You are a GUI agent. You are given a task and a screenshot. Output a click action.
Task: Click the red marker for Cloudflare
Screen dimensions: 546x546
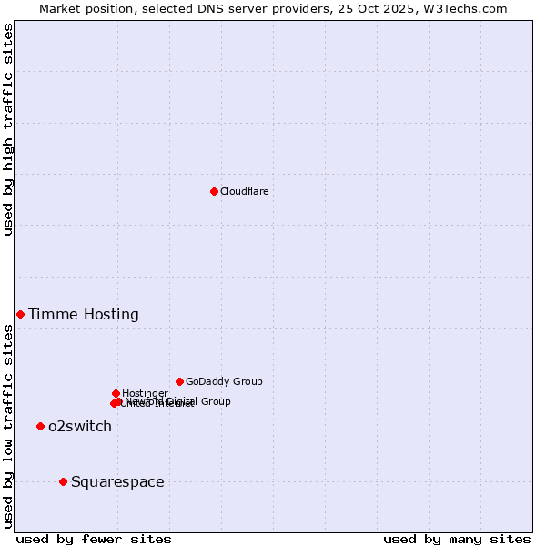click(x=214, y=191)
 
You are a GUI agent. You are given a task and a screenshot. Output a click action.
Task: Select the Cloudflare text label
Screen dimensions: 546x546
click(x=244, y=191)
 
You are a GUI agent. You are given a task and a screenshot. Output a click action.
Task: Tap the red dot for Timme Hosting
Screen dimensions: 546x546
click(x=20, y=314)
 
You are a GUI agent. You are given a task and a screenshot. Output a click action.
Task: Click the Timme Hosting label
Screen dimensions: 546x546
click(x=84, y=315)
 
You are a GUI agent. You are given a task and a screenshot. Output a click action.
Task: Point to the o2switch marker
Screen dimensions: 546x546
click(x=40, y=426)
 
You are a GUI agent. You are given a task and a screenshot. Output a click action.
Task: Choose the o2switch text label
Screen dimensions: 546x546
click(x=80, y=427)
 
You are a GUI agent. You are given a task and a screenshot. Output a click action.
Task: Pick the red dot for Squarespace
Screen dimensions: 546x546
click(x=63, y=481)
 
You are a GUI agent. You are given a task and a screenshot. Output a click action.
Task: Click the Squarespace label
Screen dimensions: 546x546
click(x=117, y=482)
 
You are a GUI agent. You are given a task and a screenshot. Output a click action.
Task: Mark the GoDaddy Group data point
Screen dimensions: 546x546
click(x=179, y=381)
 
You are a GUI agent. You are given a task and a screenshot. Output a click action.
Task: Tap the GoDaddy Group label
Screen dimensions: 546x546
click(x=224, y=382)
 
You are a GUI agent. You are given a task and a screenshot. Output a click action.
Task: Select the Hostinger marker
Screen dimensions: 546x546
click(x=116, y=393)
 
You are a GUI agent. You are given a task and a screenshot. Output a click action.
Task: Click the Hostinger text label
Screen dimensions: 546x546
click(x=145, y=393)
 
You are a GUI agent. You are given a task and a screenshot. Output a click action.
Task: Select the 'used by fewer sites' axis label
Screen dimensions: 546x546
click(x=94, y=540)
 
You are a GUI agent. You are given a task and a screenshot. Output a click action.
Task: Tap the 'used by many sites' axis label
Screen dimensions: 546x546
click(x=457, y=540)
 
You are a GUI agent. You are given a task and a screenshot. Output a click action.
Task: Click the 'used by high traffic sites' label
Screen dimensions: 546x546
click(x=8, y=129)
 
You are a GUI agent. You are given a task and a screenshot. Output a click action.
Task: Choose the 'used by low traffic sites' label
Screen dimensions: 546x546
click(x=8, y=426)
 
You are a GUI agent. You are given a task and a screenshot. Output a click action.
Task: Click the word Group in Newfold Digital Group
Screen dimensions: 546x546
click(x=215, y=401)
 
